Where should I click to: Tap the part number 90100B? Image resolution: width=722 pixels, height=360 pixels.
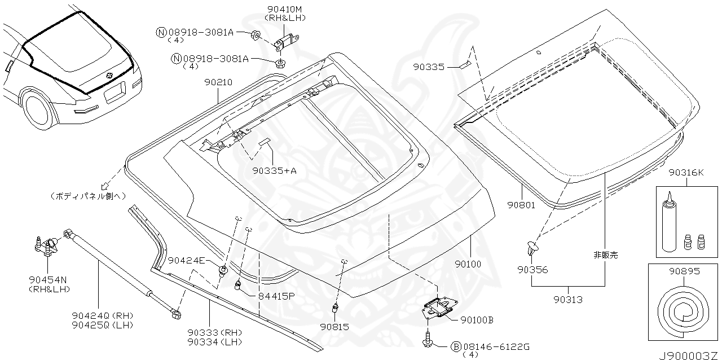(477, 320)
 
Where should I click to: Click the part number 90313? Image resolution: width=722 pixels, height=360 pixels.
(567, 300)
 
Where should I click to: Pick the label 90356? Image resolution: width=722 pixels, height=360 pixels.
(532, 270)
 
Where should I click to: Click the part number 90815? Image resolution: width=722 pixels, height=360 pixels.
(334, 326)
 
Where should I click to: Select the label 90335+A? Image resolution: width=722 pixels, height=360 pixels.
(274, 170)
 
